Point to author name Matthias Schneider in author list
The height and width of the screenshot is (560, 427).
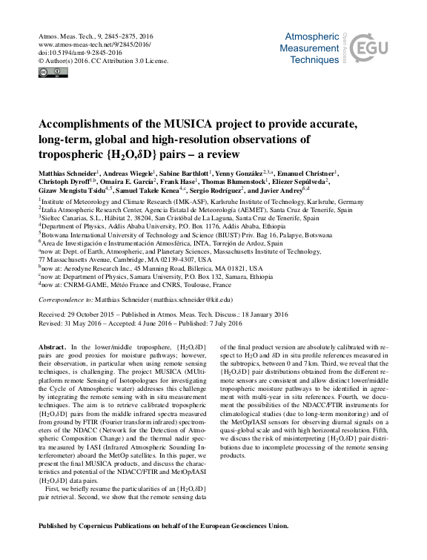click(66, 174)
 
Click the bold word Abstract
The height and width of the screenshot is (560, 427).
click(51, 348)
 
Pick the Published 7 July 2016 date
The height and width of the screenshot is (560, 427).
click(216, 323)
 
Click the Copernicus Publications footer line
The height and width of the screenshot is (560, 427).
click(163, 526)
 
